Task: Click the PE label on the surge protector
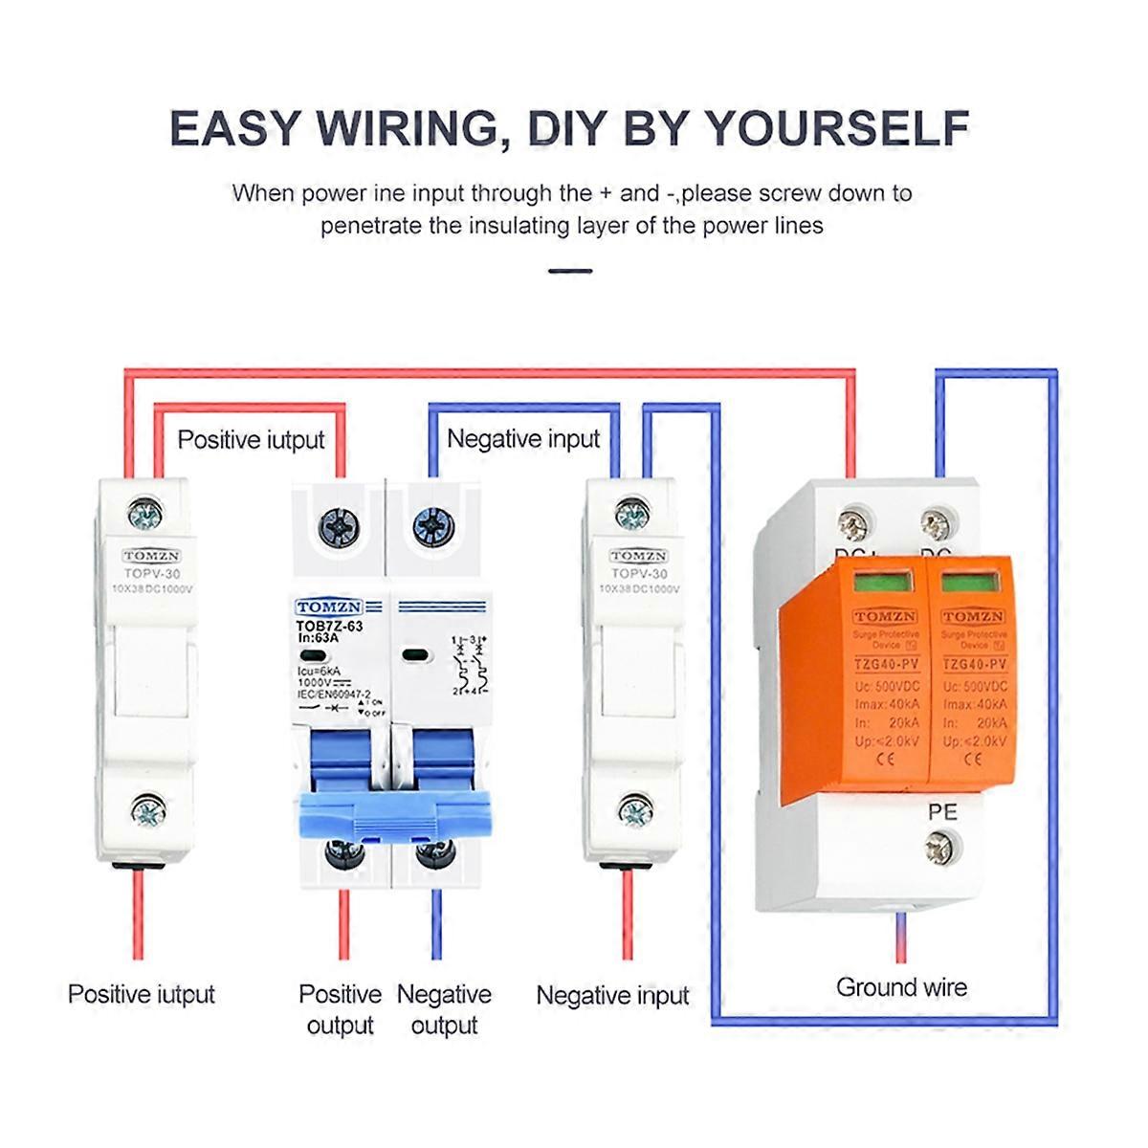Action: click(x=942, y=812)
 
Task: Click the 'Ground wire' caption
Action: click(x=901, y=987)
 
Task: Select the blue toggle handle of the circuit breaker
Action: click(x=394, y=817)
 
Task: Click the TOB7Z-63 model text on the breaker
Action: click(x=329, y=626)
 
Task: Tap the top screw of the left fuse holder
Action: click(x=145, y=516)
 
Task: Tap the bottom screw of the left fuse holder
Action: click(x=147, y=812)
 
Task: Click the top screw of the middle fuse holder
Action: click(x=632, y=516)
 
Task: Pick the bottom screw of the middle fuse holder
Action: click(x=634, y=811)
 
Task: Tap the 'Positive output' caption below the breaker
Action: click(x=340, y=1009)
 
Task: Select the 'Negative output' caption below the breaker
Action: click(x=444, y=1009)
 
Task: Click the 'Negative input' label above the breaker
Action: click(x=523, y=439)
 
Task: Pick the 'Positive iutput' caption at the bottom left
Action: click(x=142, y=994)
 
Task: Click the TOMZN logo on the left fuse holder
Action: click(x=151, y=556)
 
